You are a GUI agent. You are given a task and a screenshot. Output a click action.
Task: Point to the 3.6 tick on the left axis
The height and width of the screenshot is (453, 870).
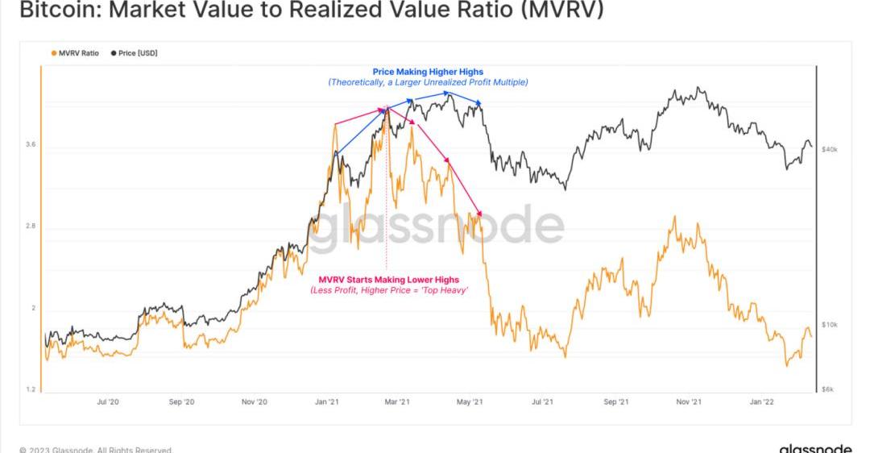pos(31,144)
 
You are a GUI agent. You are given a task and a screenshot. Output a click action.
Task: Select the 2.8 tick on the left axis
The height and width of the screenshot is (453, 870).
pos(31,226)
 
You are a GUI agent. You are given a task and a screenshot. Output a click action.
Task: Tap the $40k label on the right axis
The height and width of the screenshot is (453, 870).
pos(829,150)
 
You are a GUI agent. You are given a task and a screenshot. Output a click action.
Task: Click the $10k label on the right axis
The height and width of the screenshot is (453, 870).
pos(829,325)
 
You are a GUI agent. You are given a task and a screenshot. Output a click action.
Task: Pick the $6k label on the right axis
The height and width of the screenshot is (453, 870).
pos(827,389)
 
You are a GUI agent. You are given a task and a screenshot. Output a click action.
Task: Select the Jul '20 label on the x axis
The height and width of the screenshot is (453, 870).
pos(108,401)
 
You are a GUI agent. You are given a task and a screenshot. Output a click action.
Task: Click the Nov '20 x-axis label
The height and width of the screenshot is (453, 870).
pos(254,401)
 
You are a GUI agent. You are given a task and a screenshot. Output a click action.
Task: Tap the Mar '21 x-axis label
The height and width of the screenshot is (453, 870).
pos(398,401)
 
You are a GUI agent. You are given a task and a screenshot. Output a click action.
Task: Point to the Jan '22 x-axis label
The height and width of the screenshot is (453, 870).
pos(762,401)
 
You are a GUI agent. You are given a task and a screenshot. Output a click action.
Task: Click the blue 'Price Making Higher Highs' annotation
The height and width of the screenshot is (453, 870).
pos(428,72)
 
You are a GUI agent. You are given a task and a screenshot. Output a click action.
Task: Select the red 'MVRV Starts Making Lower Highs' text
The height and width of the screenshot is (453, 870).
pos(389,280)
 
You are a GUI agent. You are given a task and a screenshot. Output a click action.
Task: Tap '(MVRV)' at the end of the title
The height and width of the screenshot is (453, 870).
pos(564,10)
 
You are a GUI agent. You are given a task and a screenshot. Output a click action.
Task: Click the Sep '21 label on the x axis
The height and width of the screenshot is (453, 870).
pos(615,401)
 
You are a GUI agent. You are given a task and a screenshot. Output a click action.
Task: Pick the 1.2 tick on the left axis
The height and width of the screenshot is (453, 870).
pos(31,389)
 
